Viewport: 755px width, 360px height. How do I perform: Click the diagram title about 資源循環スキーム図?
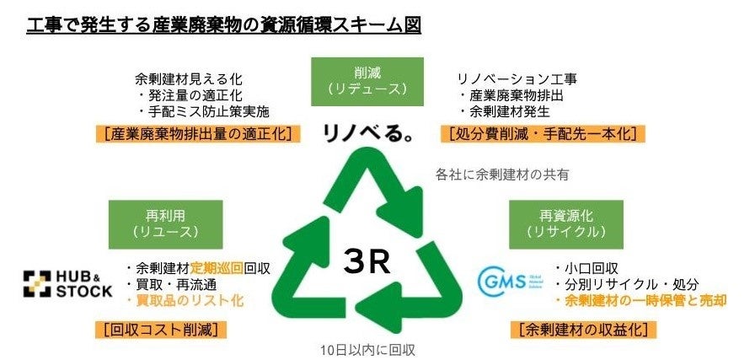coord(223,24)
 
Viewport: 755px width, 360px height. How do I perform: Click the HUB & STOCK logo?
coord(67,284)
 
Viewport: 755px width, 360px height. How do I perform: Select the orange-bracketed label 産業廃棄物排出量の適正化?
coord(199,133)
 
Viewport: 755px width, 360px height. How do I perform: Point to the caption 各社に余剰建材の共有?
coord(502,175)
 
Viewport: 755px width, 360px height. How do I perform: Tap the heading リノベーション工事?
coord(517,78)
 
